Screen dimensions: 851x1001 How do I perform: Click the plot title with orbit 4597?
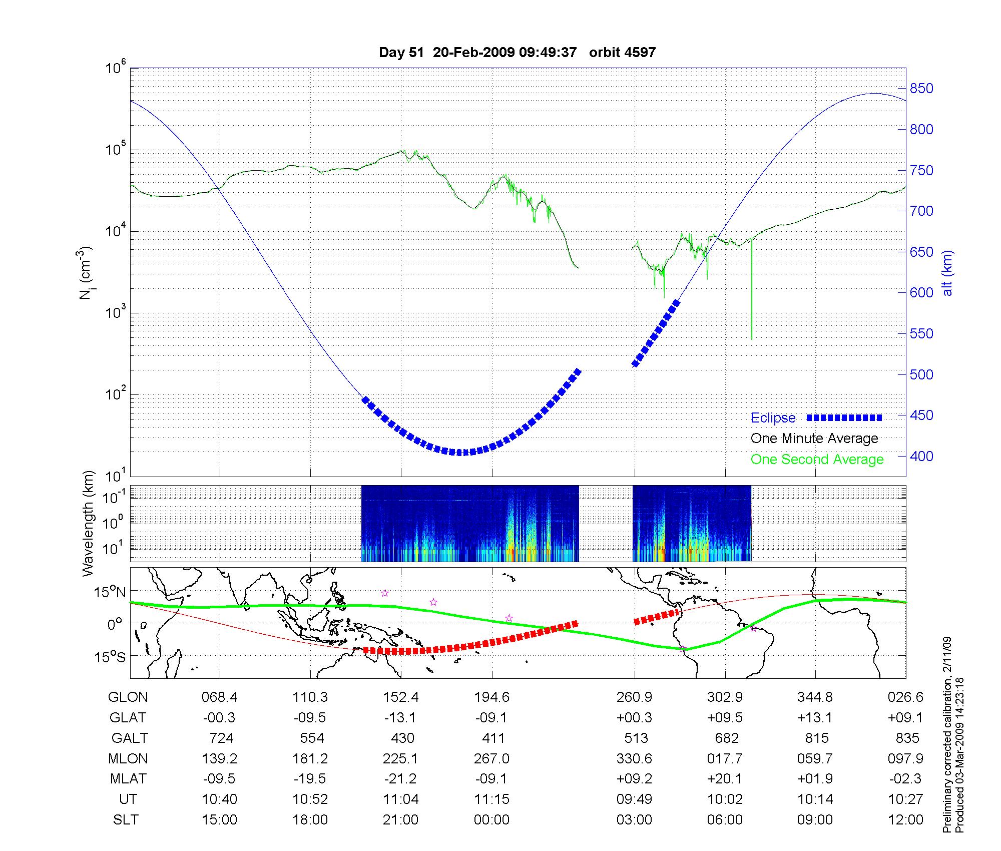[x=517, y=53]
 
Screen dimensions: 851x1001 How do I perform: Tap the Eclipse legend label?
[x=773, y=418]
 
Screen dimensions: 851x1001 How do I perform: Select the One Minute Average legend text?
[x=814, y=439]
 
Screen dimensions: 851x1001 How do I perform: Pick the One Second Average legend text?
[x=817, y=460]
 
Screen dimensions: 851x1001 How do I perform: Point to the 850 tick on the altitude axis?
[x=921, y=89]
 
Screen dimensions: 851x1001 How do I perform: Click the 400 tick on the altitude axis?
[x=921, y=456]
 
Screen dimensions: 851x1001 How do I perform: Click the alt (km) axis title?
[x=948, y=273]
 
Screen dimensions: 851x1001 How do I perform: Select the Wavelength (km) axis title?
[x=89, y=524]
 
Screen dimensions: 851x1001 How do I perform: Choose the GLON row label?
[x=128, y=697]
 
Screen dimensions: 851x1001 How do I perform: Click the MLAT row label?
[x=128, y=779]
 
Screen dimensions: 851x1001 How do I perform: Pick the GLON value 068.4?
[x=219, y=697]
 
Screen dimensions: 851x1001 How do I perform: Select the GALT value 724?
[x=221, y=738]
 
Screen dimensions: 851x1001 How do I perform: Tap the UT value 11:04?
[x=401, y=799]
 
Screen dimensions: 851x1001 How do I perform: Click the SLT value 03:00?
[x=635, y=820]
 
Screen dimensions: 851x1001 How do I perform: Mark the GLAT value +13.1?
[x=816, y=718]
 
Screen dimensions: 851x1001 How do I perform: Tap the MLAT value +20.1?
[x=725, y=779]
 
